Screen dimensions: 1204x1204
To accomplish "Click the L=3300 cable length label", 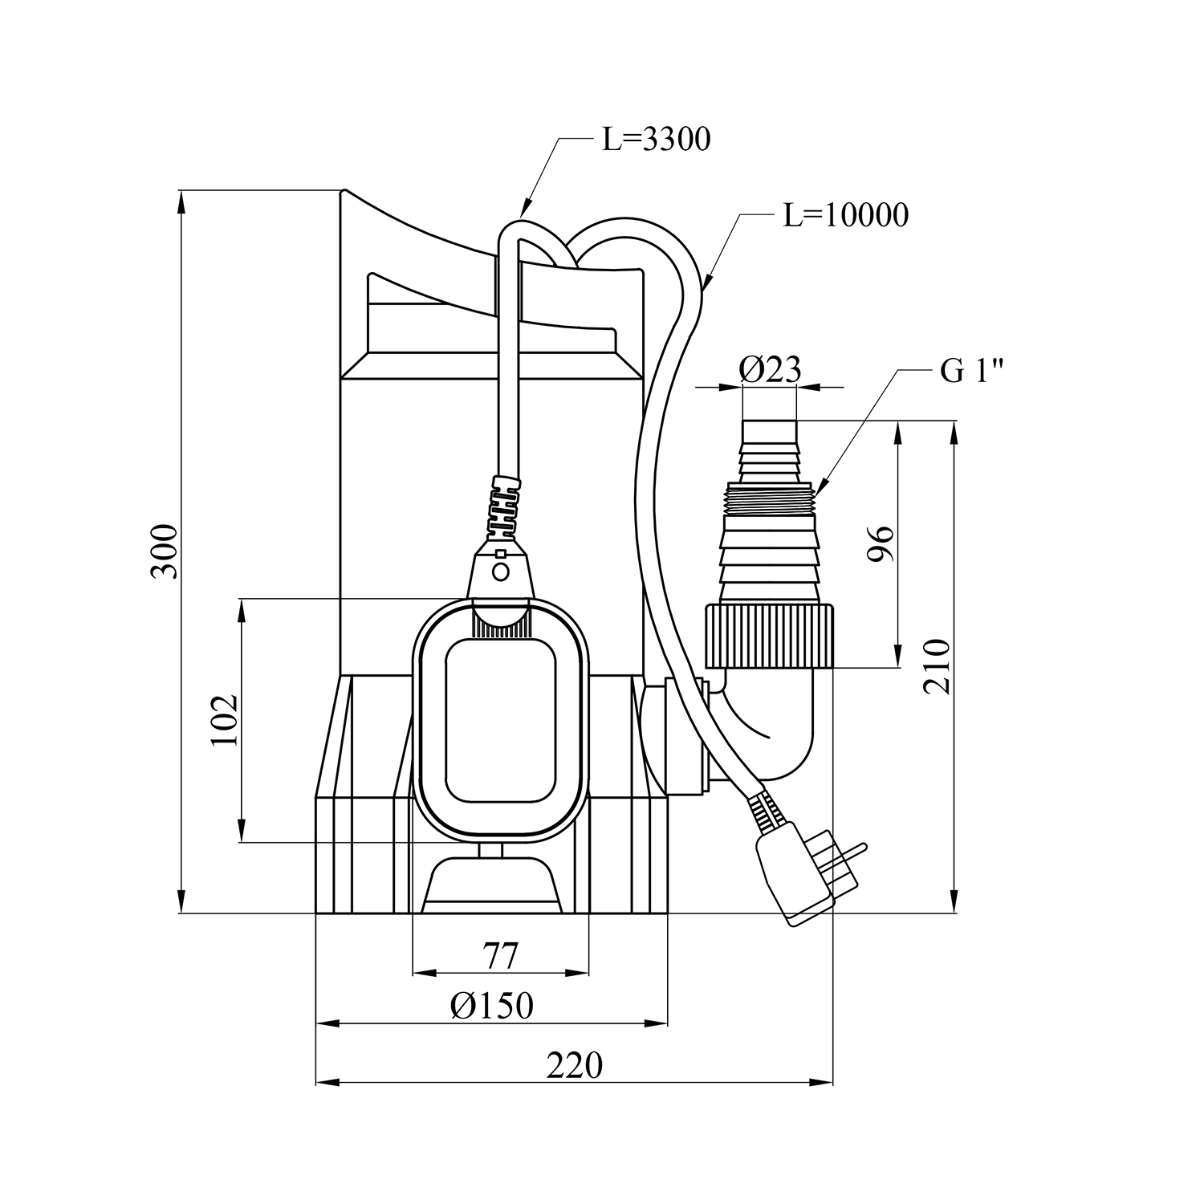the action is (657, 140).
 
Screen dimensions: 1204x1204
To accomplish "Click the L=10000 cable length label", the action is (846, 215).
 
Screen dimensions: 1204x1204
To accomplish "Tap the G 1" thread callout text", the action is (971, 372).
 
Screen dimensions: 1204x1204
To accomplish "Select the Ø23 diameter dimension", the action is (770, 370).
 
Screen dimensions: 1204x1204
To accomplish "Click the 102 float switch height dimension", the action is (226, 720).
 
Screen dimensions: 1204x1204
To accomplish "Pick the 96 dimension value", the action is (881, 545).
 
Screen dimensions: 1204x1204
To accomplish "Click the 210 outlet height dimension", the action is (937, 666).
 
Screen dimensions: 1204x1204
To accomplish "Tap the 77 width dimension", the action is (501, 956).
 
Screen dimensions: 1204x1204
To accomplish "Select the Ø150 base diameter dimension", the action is (492, 1006).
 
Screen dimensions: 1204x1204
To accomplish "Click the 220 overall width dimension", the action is (574, 1066).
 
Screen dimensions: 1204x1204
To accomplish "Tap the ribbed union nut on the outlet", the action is (770, 637).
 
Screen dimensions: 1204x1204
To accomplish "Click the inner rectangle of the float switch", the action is (501, 720).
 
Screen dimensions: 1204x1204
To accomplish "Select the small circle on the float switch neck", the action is (501, 571).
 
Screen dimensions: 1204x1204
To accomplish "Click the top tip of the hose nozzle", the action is (770, 419).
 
